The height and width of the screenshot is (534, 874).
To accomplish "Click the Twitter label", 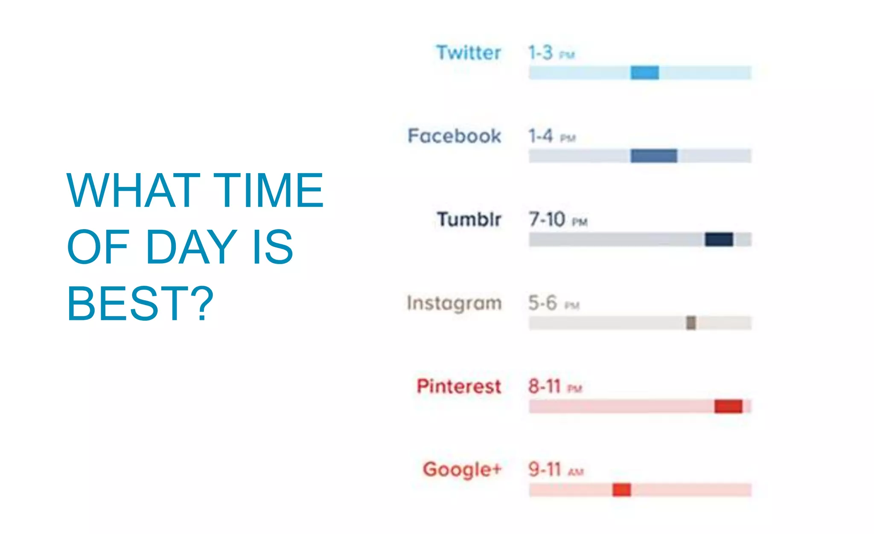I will coord(468,53).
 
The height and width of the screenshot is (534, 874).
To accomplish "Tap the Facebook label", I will coord(454,136).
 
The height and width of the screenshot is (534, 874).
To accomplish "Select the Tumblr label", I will coord(469,219).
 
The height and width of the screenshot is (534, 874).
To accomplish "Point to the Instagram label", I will coord(454,303).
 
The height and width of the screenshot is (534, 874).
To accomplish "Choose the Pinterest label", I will coord(459,386).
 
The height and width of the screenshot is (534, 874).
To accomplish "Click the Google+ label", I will coord(462,469).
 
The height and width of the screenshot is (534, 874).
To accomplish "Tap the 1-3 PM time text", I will coord(551,53).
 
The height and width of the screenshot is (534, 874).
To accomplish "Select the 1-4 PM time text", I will coord(551,136).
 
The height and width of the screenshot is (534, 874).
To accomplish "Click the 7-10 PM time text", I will coord(557,220).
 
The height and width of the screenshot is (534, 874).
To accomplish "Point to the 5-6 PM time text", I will coord(553,303).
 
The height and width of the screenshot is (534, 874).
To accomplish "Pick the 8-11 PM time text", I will coord(555,386).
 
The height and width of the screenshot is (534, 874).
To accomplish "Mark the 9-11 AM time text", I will coord(555,470).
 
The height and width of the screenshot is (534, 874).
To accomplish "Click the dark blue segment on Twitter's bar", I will coord(644,73).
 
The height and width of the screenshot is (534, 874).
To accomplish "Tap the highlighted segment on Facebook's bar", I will coord(654,156).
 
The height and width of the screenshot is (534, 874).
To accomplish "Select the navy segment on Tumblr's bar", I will coord(719,239).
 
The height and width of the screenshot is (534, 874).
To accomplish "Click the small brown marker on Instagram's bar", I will coord(691,323).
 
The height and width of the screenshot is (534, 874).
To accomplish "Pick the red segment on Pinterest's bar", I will coord(728,406).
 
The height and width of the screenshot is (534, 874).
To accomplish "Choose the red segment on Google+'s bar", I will coord(621,490).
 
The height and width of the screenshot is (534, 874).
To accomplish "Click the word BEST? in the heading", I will coord(140,303).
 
